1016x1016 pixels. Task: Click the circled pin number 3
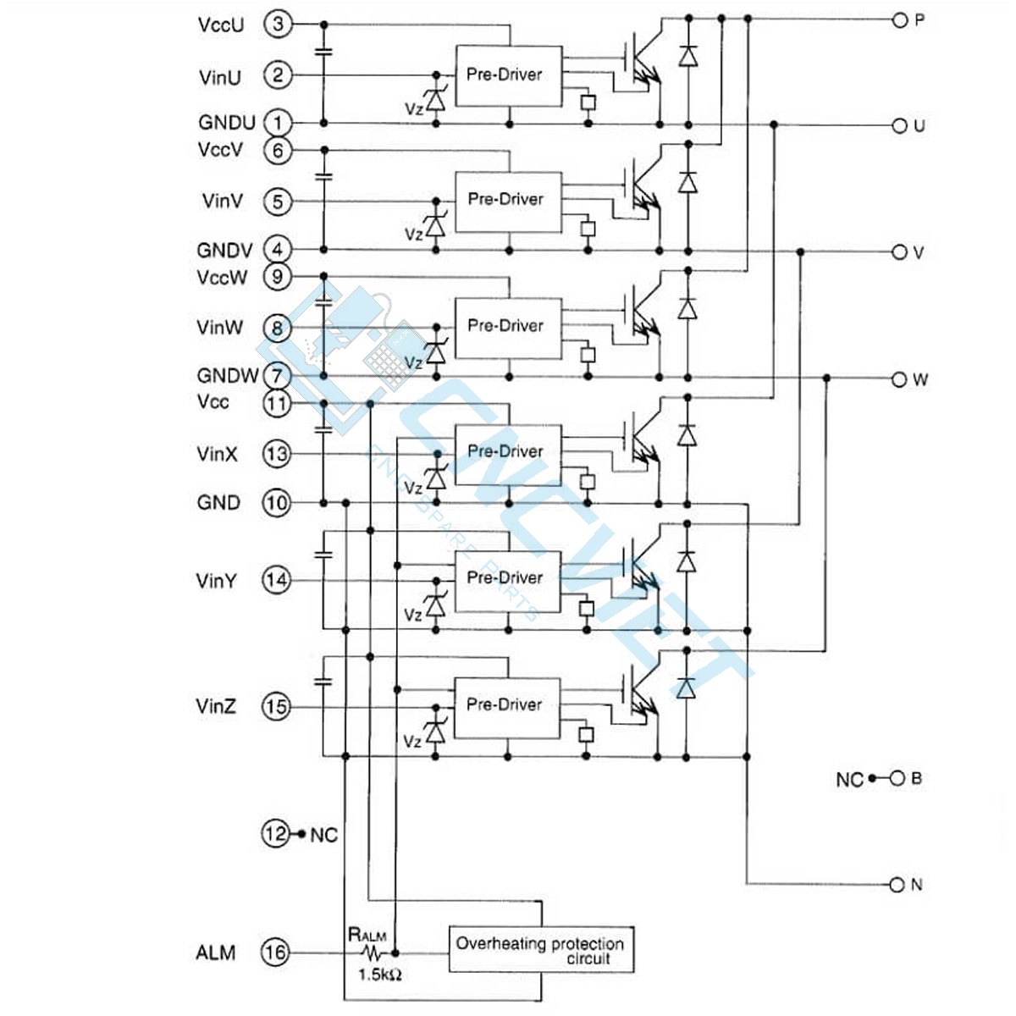point(277,24)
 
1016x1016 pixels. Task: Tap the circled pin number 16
point(276,952)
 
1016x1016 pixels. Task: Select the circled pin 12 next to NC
point(275,834)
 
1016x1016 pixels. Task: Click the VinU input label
point(220,77)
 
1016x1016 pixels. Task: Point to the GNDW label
point(227,375)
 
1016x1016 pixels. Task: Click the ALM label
point(216,952)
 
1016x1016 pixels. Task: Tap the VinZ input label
point(216,706)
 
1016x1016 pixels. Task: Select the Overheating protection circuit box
point(540,950)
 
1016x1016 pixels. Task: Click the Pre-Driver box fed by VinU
point(508,75)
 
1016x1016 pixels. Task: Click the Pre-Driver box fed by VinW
point(508,327)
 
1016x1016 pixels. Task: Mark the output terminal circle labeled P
point(899,20)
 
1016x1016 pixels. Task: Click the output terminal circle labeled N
point(897,885)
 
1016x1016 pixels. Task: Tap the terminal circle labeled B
point(897,778)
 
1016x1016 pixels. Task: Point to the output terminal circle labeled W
point(899,379)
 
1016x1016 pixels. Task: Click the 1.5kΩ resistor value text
point(379,975)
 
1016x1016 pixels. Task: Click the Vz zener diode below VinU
point(435,100)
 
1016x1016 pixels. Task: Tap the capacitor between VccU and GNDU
point(323,52)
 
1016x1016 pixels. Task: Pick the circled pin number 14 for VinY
point(276,580)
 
